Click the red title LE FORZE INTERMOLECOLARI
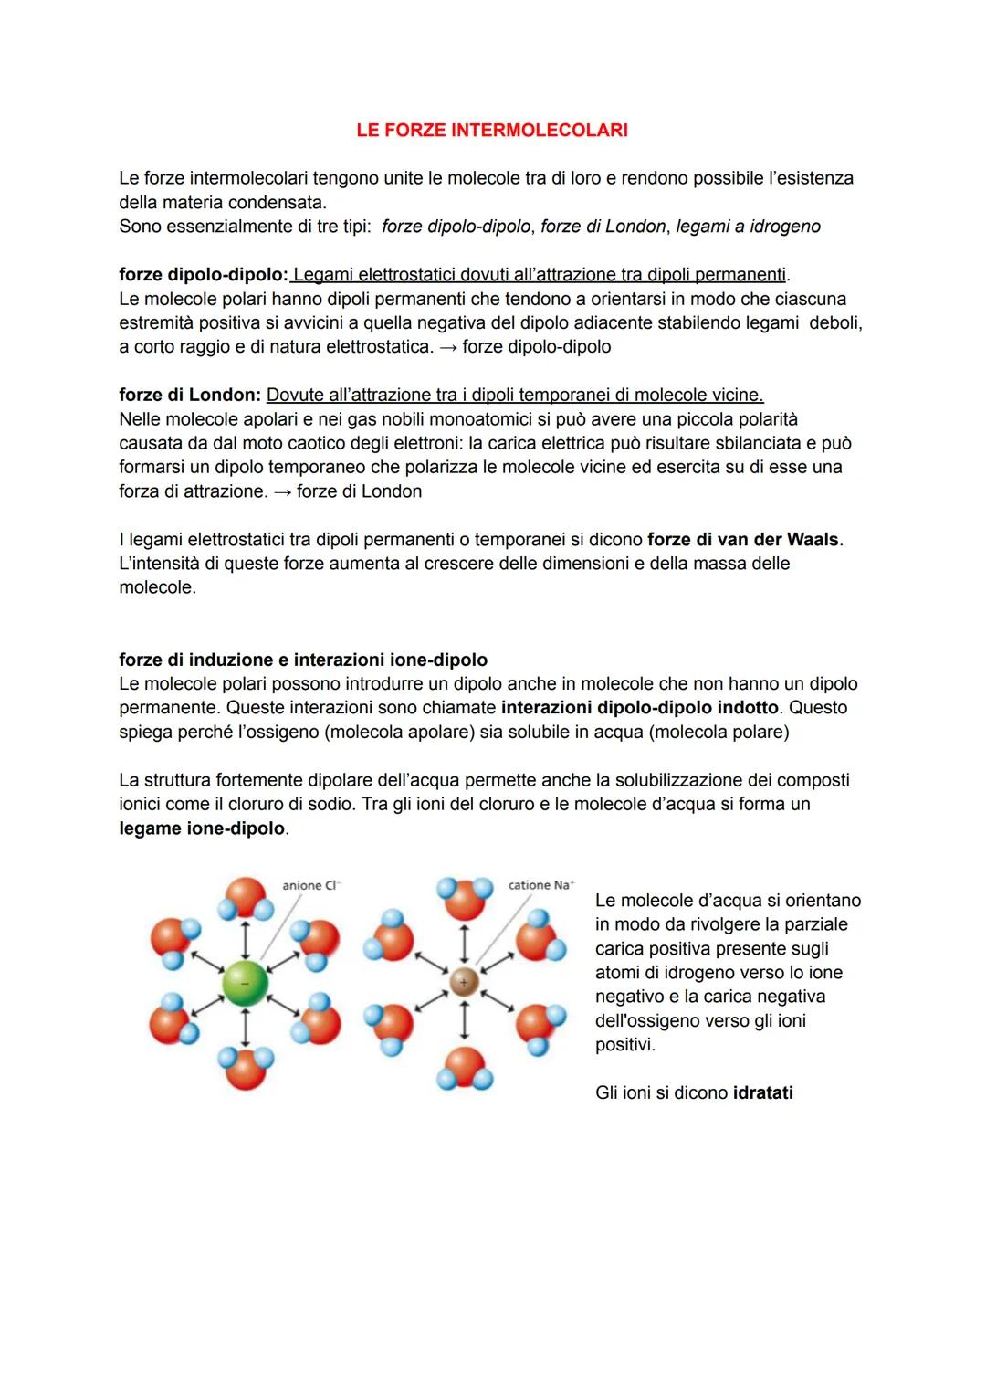click(492, 130)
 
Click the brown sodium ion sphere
click(464, 982)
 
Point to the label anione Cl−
click(309, 885)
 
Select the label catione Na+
click(540, 885)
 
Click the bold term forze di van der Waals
click(742, 540)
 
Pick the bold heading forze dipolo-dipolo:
click(203, 275)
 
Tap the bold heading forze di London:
click(190, 396)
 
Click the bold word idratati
click(762, 1093)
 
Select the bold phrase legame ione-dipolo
click(202, 828)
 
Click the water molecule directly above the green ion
click(245, 899)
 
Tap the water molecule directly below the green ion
click(245, 1067)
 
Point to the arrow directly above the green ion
click(245, 939)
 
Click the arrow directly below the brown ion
click(464, 1019)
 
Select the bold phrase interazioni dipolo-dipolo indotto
click(640, 708)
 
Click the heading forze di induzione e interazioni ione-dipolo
click(303, 660)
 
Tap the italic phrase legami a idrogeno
click(748, 227)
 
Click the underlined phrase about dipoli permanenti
click(539, 275)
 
